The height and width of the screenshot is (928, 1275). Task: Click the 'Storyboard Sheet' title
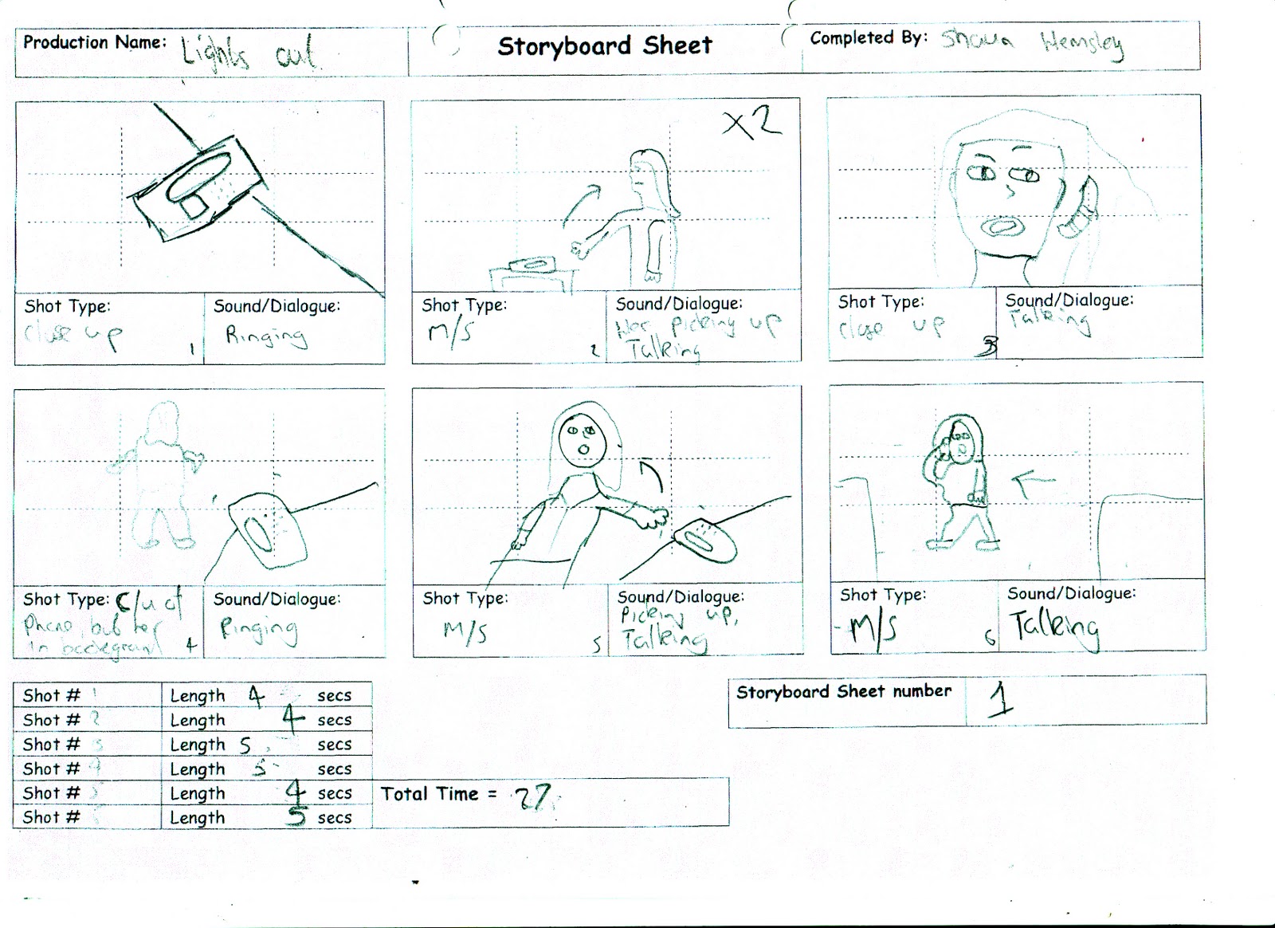(605, 46)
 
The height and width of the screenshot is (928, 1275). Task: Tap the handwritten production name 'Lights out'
(248, 53)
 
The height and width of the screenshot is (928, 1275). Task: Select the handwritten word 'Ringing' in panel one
(265, 336)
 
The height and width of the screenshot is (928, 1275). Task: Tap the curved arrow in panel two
(581, 204)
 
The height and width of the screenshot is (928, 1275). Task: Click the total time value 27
(535, 796)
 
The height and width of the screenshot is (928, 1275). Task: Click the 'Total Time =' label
(438, 794)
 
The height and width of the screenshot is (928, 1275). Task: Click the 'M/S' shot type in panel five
(465, 632)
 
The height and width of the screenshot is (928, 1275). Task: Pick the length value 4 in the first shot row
(256, 696)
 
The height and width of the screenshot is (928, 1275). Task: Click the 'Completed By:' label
(868, 38)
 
